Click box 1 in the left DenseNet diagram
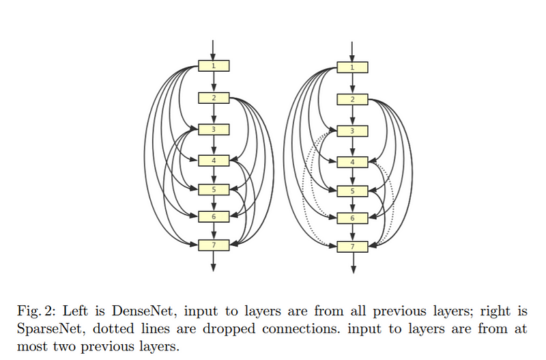pos(214,66)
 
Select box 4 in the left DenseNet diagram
pos(214,161)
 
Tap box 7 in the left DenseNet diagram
pos(214,244)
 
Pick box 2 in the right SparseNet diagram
pos(352,100)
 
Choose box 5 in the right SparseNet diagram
pos(352,191)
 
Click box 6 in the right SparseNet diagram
pos(352,218)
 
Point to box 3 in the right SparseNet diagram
pos(352,130)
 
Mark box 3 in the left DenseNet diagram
pos(214,130)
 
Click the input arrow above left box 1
pos(214,49)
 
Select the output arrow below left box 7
pos(214,260)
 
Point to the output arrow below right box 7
pos(352,262)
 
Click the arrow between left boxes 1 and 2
pos(214,81)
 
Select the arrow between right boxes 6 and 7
pos(352,232)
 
